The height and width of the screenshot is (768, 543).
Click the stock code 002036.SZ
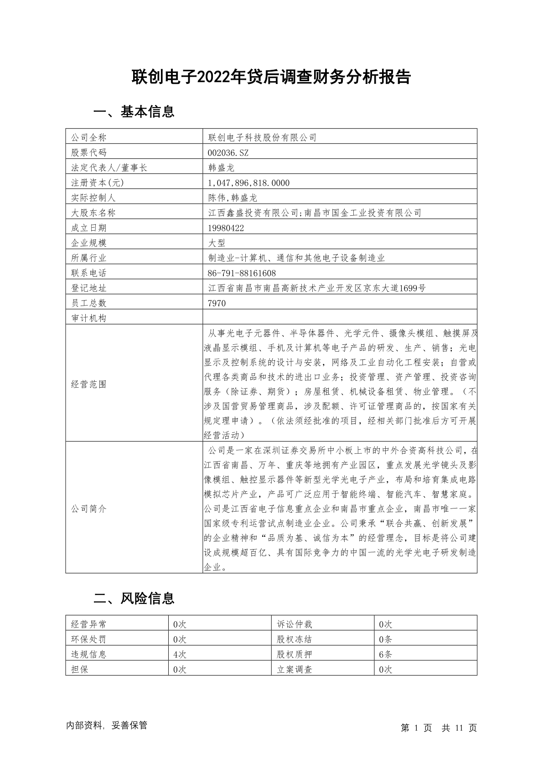(228, 153)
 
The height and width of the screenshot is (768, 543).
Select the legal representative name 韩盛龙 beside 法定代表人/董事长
(221, 168)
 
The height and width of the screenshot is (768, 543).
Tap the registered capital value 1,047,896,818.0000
(248, 183)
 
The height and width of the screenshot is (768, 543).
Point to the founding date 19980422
(226, 228)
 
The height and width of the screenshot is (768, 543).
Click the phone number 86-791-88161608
(242, 273)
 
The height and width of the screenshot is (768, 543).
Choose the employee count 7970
(217, 303)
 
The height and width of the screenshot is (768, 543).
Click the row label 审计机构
(88, 318)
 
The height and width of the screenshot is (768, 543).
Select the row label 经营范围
(88, 384)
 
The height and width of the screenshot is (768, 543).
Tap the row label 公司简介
(88, 509)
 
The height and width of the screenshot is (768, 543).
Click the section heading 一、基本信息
(134, 111)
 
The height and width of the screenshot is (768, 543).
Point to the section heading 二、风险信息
(134, 598)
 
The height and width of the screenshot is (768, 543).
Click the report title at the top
(271, 77)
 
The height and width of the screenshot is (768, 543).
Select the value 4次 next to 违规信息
(180, 654)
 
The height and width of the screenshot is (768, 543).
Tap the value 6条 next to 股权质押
(385, 654)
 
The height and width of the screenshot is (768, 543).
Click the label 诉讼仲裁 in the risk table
(295, 624)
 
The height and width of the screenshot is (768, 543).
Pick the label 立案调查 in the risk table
(295, 669)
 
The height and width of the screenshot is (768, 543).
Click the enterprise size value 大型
(217, 243)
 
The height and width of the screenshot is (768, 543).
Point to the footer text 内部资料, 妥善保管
(107, 726)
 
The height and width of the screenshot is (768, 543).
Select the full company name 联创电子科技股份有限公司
(262, 138)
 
